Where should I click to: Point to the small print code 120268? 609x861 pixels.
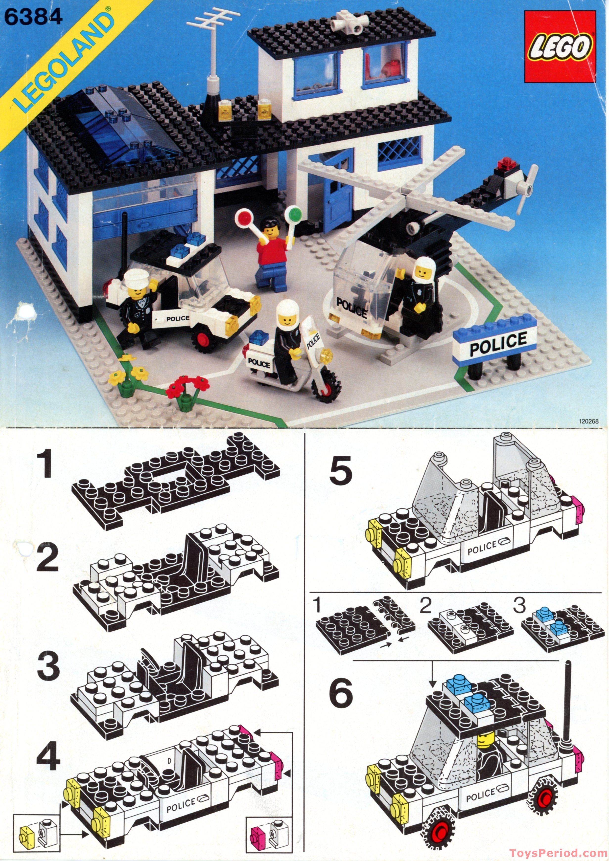pyautogui.click(x=588, y=421)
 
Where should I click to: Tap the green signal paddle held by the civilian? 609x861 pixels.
pyautogui.click(x=293, y=214)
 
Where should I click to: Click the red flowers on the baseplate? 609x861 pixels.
pyautogui.click(x=187, y=386)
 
